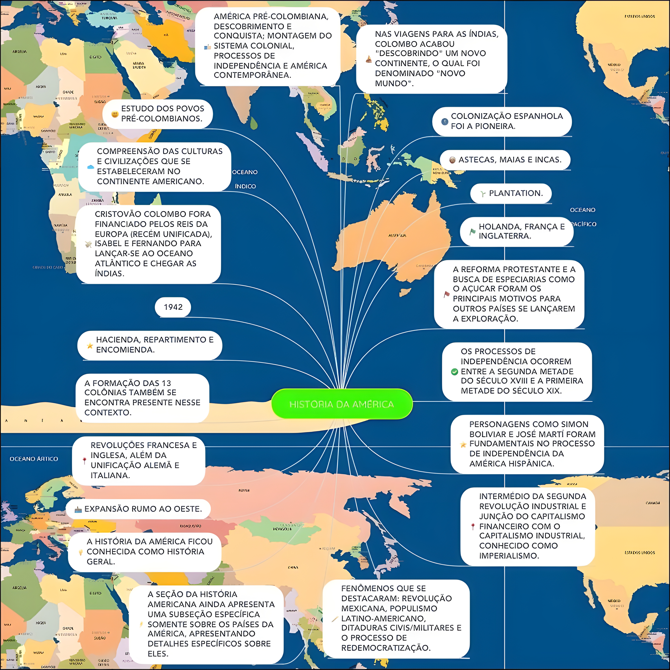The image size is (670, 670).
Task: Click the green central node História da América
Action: click(342, 404)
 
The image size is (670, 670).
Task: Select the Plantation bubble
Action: click(511, 193)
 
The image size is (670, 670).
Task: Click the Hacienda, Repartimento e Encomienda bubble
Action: click(150, 345)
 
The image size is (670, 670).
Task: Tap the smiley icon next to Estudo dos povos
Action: click(114, 114)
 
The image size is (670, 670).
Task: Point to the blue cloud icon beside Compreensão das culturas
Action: click(90, 167)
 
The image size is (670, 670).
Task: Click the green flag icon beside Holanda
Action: click(472, 231)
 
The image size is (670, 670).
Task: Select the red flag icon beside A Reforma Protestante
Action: click(447, 294)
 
